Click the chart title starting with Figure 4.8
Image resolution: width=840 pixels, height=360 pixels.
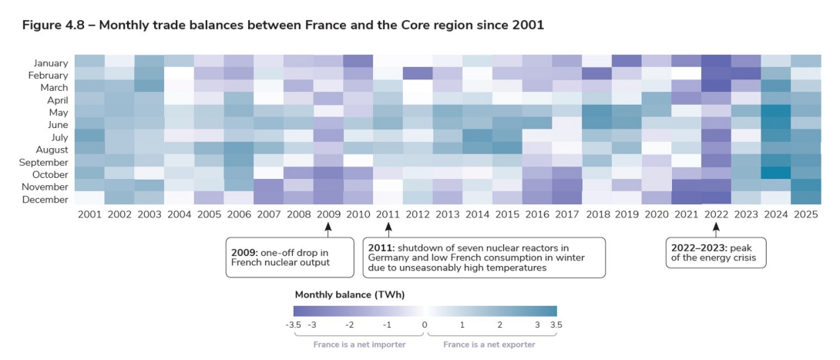(x=283, y=25)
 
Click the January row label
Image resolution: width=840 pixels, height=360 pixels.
(x=51, y=62)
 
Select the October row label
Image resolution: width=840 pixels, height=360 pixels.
(x=51, y=173)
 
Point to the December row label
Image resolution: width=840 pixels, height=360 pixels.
(x=48, y=199)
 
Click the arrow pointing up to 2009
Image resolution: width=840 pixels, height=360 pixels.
(x=328, y=228)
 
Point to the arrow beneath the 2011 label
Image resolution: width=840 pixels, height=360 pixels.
(x=388, y=228)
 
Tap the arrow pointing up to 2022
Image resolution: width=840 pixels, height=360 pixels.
(x=716, y=228)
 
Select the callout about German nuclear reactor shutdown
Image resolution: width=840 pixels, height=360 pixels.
(x=483, y=257)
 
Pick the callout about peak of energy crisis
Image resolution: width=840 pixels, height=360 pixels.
(x=716, y=252)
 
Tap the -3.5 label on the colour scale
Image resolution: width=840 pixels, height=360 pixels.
(x=293, y=325)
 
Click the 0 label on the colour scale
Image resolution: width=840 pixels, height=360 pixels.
(x=424, y=325)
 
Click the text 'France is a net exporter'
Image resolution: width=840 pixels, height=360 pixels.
(x=489, y=345)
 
